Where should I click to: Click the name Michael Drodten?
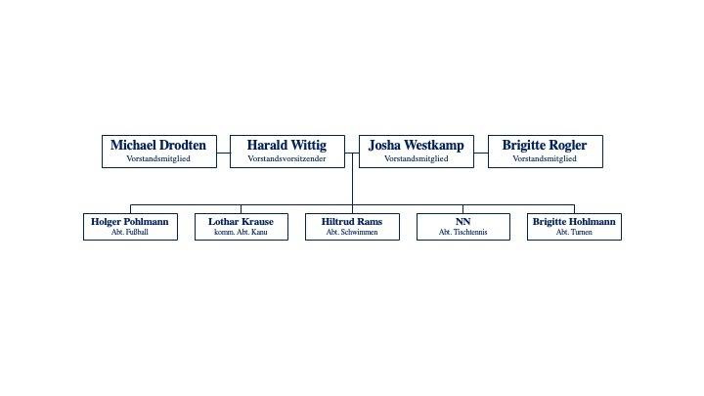(x=158, y=146)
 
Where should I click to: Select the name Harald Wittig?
(x=287, y=146)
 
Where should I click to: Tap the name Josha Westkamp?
(x=416, y=146)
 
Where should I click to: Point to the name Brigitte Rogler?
(x=545, y=146)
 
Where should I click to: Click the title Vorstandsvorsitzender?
(x=287, y=158)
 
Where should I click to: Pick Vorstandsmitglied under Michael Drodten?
(x=158, y=158)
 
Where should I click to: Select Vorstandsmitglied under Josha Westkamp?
(x=416, y=158)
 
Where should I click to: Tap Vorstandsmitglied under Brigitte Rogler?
(x=545, y=158)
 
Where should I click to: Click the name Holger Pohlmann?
(x=130, y=222)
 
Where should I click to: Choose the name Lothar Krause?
(x=241, y=222)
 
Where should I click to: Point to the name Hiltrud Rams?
(x=352, y=222)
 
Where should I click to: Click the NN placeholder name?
(x=462, y=222)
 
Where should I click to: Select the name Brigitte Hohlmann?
(x=574, y=222)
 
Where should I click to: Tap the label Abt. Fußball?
(x=130, y=233)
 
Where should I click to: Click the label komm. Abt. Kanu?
(x=241, y=233)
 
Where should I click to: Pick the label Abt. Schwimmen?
(x=352, y=233)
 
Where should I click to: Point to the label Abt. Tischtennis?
(x=462, y=233)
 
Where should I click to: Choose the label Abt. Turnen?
(x=574, y=233)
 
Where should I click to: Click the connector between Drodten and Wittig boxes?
(x=223, y=153)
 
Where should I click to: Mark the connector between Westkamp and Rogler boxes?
(x=481, y=153)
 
